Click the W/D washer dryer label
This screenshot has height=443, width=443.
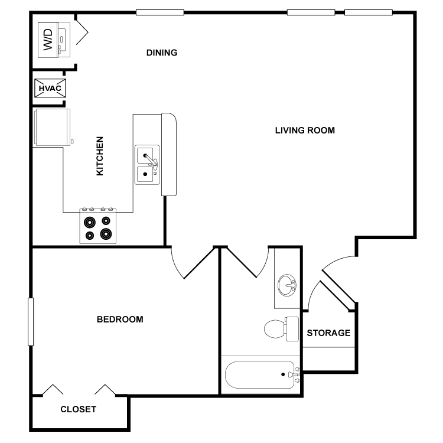[48, 40]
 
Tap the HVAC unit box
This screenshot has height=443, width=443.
[50, 88]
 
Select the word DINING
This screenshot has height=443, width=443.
[162, 53]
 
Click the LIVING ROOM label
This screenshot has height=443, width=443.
[305, 131]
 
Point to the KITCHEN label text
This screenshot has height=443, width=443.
[100, 156]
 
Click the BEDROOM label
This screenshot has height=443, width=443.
[120, 319]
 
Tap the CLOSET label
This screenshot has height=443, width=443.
[78, 409]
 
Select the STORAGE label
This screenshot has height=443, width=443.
[328, 333]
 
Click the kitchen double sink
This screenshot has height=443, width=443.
[147, 165]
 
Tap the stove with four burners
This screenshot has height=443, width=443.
[97, 226]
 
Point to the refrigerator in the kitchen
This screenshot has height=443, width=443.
[52, 128]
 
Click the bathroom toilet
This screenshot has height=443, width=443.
[281, 329]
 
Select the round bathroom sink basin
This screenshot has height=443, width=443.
[286, 285]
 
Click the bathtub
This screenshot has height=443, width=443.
[260, 374]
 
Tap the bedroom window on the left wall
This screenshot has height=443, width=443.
[31, 322]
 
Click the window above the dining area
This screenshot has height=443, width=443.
[160, 12]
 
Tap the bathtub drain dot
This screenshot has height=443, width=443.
[283, 374]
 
